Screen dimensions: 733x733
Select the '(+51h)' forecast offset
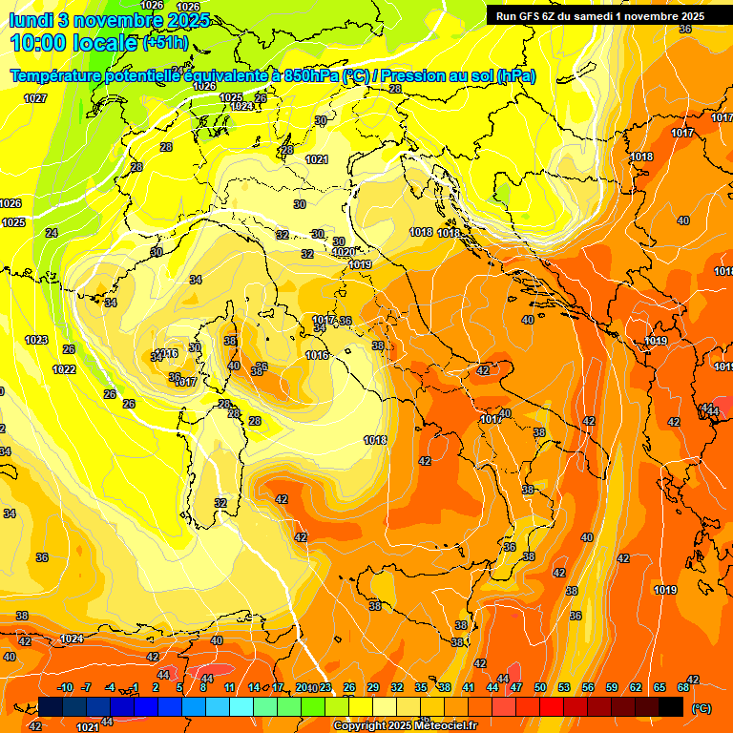[164, 43]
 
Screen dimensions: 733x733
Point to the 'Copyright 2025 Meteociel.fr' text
[405, 725]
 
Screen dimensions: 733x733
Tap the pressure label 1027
[36, 99]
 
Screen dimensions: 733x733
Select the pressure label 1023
[36, 340]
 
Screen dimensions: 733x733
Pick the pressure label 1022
[64, 369]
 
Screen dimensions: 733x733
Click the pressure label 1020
[344, 252]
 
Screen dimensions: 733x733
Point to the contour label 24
[52, 233]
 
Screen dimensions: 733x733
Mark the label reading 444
[708, 410]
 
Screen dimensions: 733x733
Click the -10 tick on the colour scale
[65, 687]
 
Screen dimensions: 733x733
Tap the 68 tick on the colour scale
[683, 687]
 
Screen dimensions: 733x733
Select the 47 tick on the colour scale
[515, 687]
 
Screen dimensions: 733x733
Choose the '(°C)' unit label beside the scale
[701, 708]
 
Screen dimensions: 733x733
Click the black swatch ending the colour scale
[671, 706]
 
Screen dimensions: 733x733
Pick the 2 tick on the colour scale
[156, 687]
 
